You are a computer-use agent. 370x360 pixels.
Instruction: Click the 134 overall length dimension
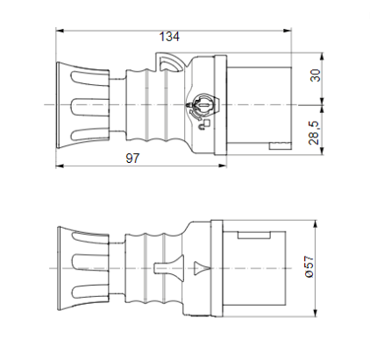pos(168,37)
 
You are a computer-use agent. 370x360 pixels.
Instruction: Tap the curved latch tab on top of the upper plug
pos(167,61)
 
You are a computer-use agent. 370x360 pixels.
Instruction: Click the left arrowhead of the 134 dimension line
pos(60,31)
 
